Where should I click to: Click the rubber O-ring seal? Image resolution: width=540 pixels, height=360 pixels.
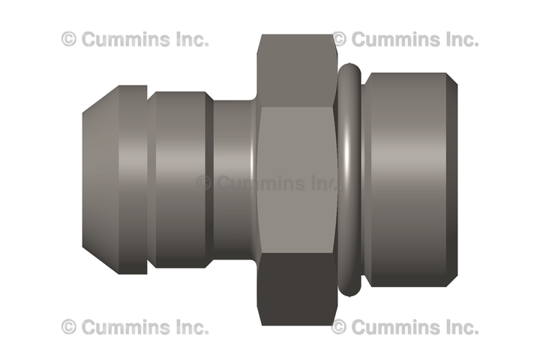349,179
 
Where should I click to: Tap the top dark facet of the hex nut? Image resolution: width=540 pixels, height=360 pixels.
297,70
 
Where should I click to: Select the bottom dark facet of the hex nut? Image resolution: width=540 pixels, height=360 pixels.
297,289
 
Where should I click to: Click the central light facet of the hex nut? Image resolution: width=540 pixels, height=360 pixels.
297,180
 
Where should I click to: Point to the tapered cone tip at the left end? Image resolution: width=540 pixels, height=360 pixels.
100,179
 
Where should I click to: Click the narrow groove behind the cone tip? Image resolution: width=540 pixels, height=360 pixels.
151,179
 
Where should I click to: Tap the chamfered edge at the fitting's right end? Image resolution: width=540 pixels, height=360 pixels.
452,179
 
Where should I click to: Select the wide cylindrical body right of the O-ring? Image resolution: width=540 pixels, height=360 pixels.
406,179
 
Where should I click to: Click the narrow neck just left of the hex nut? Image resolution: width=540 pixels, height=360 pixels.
235,179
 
